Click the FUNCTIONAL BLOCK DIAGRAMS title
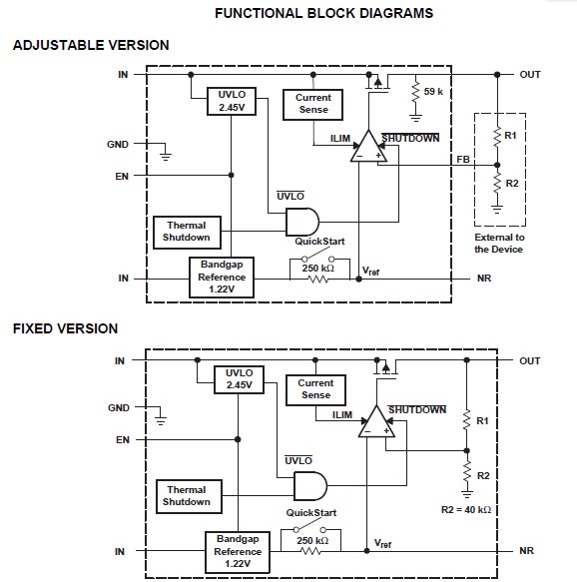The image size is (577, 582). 323,14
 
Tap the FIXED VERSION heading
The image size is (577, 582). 65,328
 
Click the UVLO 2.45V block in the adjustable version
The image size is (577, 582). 231,101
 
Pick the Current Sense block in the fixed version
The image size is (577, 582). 315,389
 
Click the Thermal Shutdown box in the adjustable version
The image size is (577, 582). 187,232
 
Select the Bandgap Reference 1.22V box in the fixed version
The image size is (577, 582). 238,551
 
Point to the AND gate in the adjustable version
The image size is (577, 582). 300,221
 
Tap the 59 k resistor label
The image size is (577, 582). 433,92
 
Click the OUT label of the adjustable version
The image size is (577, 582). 529,74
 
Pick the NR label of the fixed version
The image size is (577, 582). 527,551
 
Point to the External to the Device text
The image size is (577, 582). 498,243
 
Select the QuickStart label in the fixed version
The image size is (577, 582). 311,512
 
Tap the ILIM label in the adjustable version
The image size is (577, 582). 326,139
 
